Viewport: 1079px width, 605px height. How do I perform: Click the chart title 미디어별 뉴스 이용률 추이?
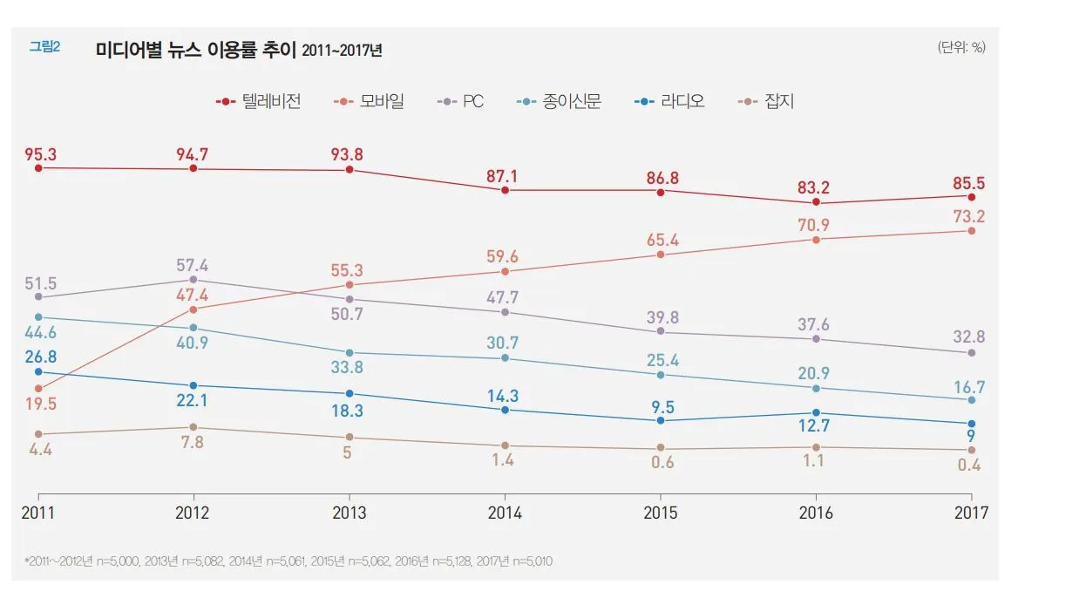pyautogui.click(x=197, y=51)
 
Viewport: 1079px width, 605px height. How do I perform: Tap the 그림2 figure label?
pyautogui.click(x=44, y=47)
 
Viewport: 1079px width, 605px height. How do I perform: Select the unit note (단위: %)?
pyautogui.click(x=961, y=48)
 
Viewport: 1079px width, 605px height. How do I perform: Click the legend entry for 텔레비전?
pyautogui.click(x=259, y=101)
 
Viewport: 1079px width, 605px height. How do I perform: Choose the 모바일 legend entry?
pyautogui.click(x=369, y=101)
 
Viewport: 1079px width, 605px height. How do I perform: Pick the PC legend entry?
pyautogui.click(x=460, y=101)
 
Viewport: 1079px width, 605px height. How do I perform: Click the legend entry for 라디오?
pyautogui.click(x=669, y=101)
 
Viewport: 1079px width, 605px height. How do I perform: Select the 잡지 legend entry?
pyautogui.click(x=766, y=101)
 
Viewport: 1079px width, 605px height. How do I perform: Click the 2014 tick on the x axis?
pyautogui.click(x=505, y=513)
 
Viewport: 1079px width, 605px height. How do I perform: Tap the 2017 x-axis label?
pyautogui.click(x=971, y=513)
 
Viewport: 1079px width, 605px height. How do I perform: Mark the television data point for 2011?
pyautogui.click(x=38, y=167)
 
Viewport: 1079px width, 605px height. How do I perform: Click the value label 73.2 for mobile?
pyautogui.click(x=967, y=216)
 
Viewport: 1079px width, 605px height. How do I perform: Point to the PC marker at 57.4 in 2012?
pyautogui.click(x=193, y=280)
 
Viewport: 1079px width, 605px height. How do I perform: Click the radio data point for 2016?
pyautogui.click(x=816, y=412)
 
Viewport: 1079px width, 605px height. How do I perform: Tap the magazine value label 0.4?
pyautogui.click(x=967, y=466)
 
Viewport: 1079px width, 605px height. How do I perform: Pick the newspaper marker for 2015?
pyautogui.click(x=661, y=375)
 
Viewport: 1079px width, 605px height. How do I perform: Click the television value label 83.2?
pyautogui.click(x=816, y=187)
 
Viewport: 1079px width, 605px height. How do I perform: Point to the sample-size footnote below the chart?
pyautogui.click(x=288, y=561)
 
